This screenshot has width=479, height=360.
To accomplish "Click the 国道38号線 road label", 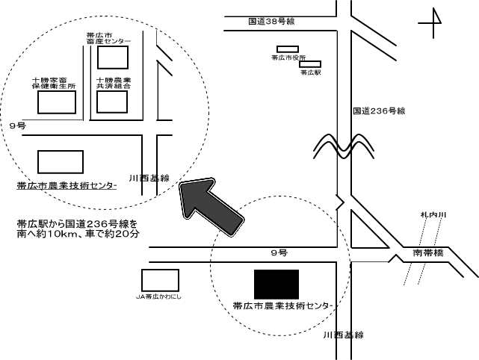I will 273,22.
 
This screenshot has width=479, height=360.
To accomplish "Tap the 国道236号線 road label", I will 379,111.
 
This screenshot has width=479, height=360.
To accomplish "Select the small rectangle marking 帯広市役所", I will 288,49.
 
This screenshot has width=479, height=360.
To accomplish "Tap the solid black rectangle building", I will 276,283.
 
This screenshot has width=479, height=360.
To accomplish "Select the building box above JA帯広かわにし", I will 160,281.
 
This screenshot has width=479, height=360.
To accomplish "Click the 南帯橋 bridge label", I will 428,252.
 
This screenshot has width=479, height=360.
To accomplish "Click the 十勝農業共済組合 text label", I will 114,83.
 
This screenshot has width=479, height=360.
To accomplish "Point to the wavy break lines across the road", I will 342,143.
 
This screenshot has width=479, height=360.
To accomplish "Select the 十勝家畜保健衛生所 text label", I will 54,83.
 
